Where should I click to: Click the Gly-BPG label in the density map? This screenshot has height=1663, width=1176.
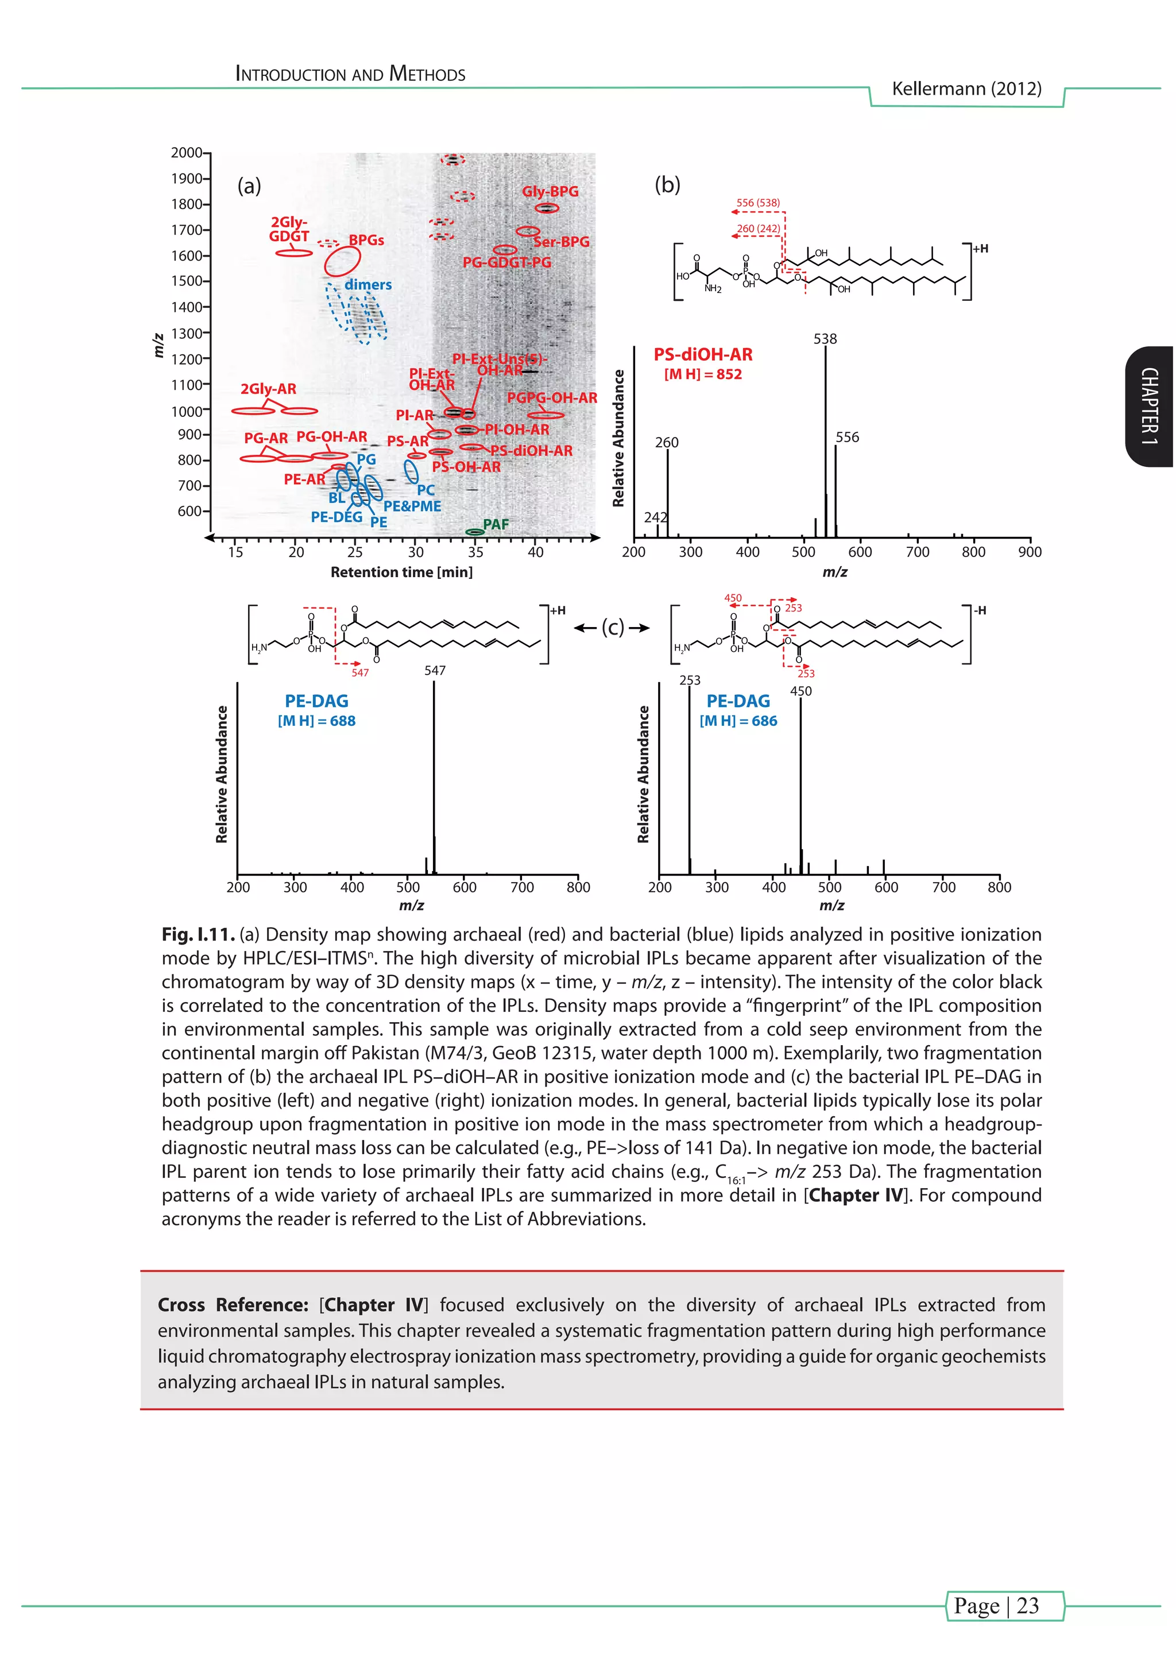tap(550, 191)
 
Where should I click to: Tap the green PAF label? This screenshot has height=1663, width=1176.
tap(496, 524)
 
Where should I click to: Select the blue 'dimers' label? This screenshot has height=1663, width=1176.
tap(368, 285)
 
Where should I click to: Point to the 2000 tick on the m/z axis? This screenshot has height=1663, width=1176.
tap(187, 152)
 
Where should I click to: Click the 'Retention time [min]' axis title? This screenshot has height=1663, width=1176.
tap(401, 572)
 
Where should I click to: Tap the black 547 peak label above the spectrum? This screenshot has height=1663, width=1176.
tap(435, 670)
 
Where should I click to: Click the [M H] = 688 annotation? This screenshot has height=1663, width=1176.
tap(316, 721)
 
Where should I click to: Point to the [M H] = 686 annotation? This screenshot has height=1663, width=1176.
tap(738, 721)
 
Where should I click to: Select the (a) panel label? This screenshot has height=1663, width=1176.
tap(249, 186)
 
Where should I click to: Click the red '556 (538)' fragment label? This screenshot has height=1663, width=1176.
tap(757, 203)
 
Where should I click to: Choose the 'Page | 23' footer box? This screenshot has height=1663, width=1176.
tap(1005, 1605)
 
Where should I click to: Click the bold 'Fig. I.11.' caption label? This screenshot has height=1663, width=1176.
tap(197, 935)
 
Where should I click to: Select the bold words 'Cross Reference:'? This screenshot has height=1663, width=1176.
tap(233, 1305)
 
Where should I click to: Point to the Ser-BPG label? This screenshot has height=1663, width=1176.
tap(561, 242)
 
